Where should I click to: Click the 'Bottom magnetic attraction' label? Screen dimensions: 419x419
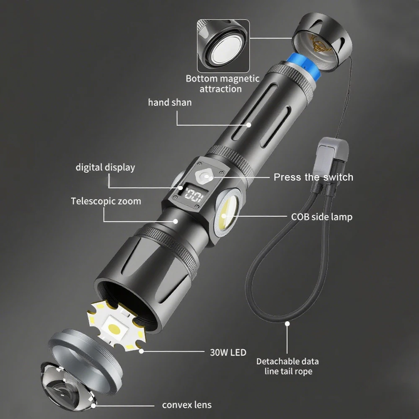point(222,84)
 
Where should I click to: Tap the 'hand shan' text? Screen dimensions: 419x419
point(170,102)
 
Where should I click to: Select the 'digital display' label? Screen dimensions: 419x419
point(105,167)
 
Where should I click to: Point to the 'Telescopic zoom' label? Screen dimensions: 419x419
point(106,201)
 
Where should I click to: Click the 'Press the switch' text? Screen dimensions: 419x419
point(313,177)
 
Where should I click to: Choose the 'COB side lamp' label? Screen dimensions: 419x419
point(322,217)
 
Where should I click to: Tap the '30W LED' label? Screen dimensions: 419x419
point(228,352)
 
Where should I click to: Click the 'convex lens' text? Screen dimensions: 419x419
point(186,405)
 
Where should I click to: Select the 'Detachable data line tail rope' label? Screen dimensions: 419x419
point(288,366)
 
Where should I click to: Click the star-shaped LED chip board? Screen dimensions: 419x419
point(116,325)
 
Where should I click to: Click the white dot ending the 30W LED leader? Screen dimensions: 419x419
point(141,351)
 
